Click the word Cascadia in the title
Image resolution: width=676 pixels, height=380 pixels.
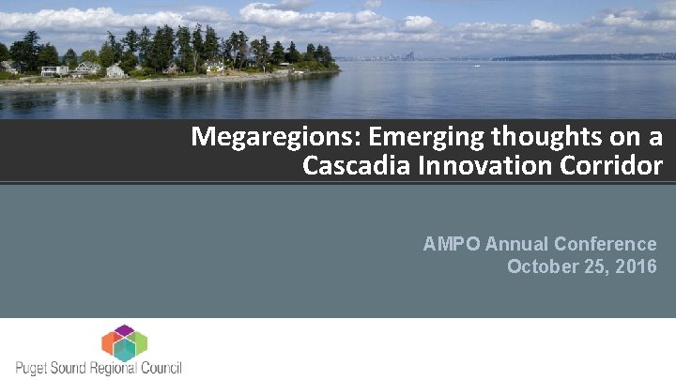coord(353,167)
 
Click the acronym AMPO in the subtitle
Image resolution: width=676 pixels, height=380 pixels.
coord(450,245)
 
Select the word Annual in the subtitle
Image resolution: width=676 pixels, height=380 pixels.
coord(516,245)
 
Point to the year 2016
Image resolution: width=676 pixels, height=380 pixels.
coord(637,266)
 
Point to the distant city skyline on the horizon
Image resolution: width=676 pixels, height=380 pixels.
coord(399,57)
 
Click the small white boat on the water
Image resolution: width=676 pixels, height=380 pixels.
coord(477,66)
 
